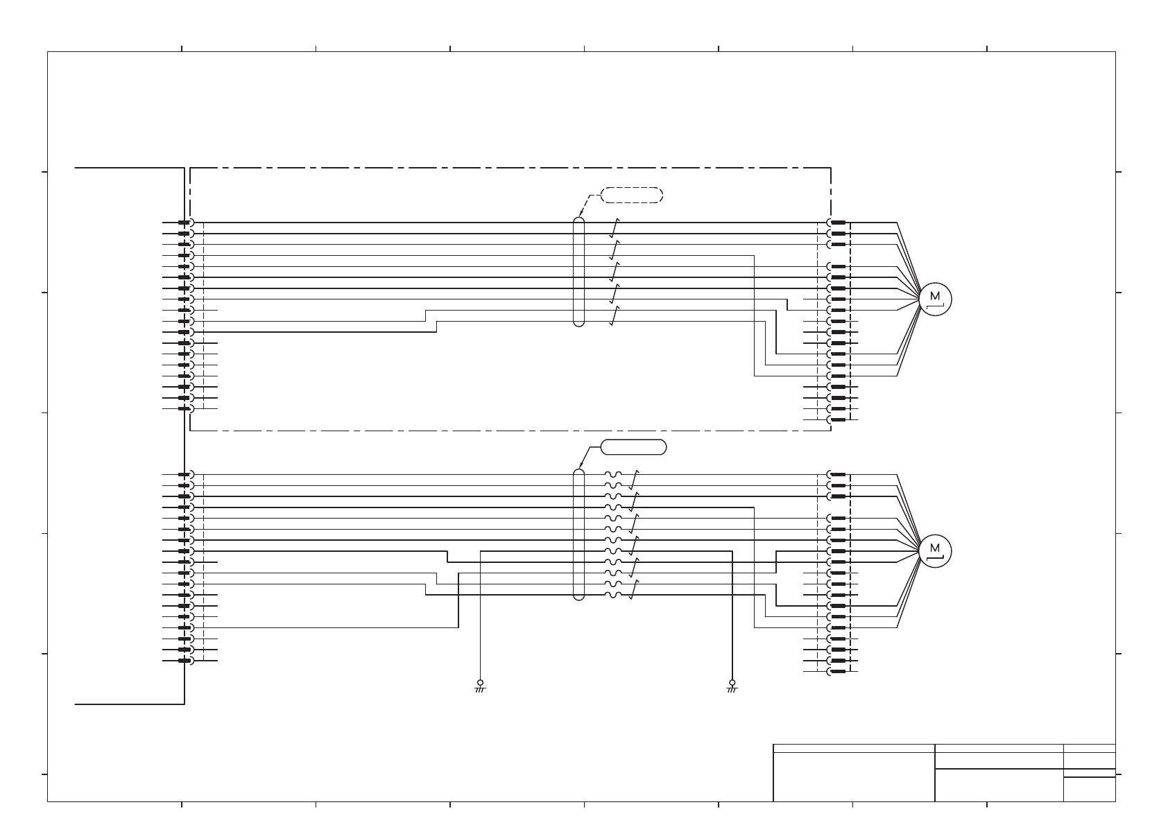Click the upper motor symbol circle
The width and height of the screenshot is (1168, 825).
pos(935,299)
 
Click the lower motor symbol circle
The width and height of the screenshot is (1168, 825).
pos(935,551)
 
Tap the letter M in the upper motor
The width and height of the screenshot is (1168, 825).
pos(935,295)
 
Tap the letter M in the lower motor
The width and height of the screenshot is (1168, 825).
pos(935,548)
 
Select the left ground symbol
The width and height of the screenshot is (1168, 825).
pos(480,686)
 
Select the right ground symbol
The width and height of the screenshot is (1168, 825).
pos(732,686)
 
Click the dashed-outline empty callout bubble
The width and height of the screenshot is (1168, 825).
pos(632,195)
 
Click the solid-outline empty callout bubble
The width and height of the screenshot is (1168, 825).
pos(633,447)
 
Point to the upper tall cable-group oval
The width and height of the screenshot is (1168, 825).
pos(579,272)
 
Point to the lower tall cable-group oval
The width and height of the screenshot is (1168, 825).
pos(579,534)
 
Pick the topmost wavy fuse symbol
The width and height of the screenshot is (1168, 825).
pos(614,475)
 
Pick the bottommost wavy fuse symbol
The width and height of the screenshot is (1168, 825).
pos(614,595)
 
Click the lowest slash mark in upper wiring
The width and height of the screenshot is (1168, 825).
pos(615,315)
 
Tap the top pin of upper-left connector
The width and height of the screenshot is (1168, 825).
pos(184,223)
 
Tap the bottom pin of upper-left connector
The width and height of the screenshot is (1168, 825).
pos(184,408)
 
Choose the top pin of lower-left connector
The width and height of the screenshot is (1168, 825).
pos(184,475)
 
